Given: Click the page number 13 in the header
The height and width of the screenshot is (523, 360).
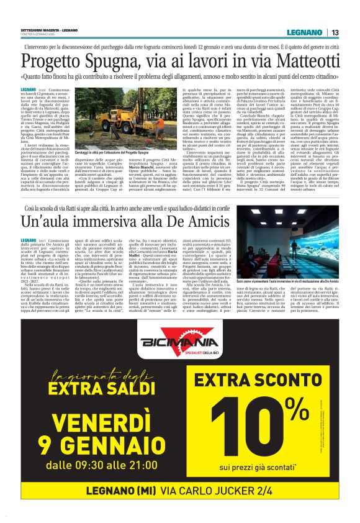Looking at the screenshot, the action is tap(335, 32).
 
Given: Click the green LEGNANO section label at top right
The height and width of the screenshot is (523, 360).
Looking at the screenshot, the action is tap(306, 32).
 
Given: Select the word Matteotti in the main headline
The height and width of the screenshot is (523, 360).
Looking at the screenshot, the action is tap(297, 61).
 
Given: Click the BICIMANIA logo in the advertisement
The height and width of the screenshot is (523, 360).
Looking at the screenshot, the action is tap(179, 343).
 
